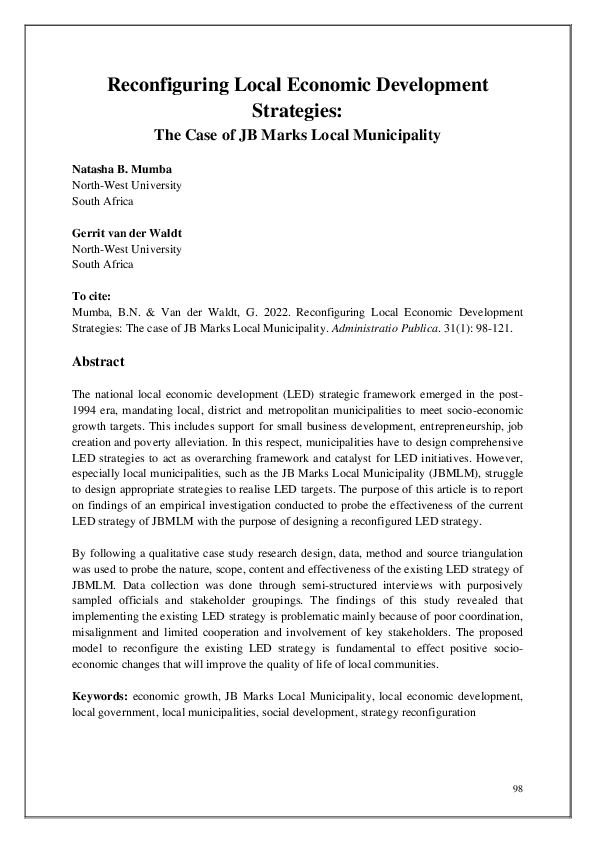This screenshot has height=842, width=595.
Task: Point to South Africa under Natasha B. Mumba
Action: (103, 200)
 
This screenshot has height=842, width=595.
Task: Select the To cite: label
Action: (94, 297)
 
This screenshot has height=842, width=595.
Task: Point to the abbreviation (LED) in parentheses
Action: (314, 395)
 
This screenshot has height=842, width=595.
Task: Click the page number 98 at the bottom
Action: (517, 789)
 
